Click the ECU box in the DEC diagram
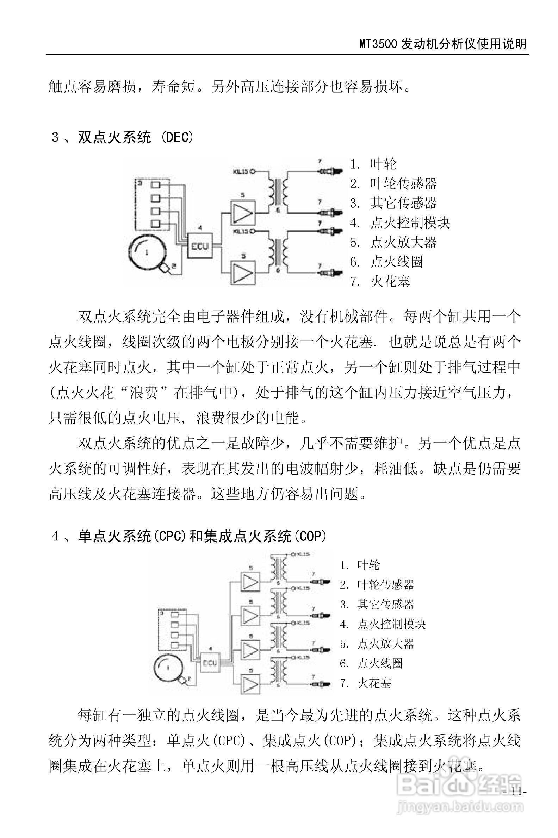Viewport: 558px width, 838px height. tap(200, 245)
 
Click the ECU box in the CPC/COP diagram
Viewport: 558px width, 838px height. tap(210, 663)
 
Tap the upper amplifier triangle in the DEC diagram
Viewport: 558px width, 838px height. tap(243, 212)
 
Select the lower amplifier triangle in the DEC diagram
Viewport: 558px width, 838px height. tap(243, 273)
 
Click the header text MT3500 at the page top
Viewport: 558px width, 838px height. tap(379, 44)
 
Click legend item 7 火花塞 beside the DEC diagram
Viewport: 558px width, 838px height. tap(380, 282)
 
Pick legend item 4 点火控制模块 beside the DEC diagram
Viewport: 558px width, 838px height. tap(400, 223)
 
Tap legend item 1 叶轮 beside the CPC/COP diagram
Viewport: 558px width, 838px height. tap(360, 565)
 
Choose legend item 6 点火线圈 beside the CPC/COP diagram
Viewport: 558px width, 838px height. tap(371, 663)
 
